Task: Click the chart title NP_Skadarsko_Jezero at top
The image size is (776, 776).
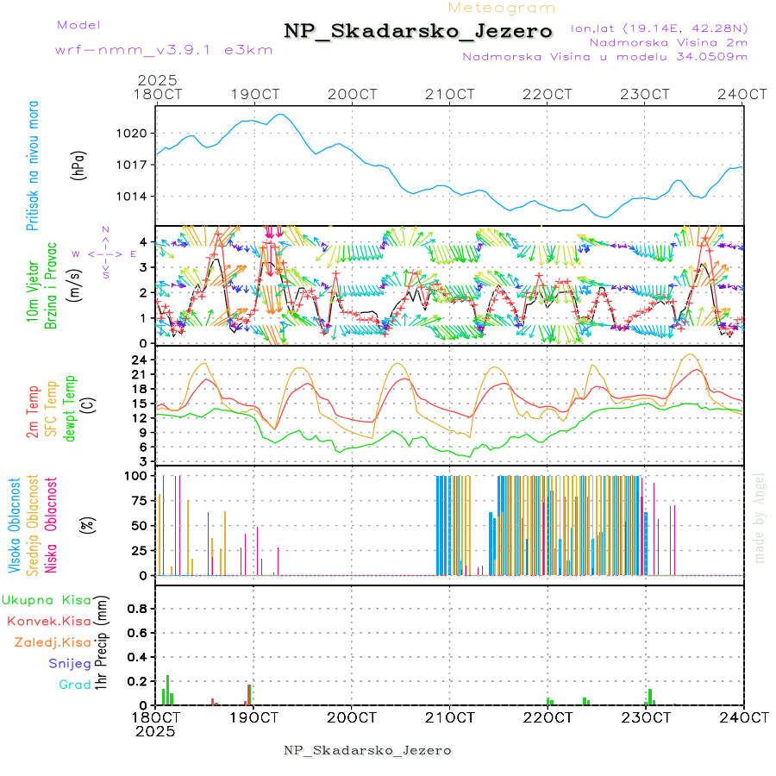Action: [x=418, y=31]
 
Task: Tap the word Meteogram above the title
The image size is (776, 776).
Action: [x=502, y=8]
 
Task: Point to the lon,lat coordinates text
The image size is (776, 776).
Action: [x=659, y=28]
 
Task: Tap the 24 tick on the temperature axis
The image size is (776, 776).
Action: [x=142, y=360]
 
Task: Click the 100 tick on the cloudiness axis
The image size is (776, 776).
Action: [x=138, y=475]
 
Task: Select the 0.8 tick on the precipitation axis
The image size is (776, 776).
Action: [x=138, y=609]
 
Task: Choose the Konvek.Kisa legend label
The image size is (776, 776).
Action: [x=49, y=621]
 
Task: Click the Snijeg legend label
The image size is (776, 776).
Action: [x=69, y=664]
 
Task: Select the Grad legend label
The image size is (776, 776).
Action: [x=75, y=685]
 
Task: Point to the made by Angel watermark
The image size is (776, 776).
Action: [x=759, y=517]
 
